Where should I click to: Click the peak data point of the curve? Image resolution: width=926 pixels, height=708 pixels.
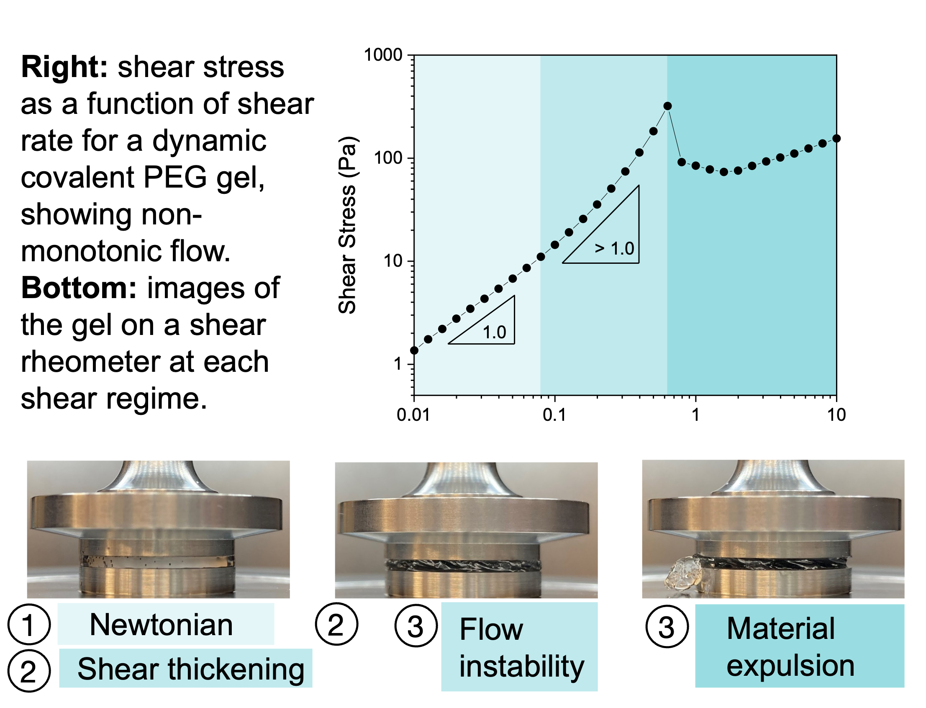667,106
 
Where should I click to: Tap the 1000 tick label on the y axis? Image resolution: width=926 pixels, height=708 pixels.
383,55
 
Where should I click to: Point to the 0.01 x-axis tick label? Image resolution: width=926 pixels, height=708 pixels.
413,415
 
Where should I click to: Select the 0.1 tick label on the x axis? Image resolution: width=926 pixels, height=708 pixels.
554,415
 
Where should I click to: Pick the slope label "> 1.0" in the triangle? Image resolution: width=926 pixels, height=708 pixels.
614,248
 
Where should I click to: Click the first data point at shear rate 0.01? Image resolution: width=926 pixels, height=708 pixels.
414,350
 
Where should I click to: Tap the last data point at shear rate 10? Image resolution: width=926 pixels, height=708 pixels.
837,138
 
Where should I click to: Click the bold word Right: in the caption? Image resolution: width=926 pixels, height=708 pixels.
65,67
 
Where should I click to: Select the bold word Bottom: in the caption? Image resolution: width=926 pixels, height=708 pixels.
79,288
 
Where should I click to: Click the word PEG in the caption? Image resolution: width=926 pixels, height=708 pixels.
175,178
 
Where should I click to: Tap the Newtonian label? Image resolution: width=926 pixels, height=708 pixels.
161,625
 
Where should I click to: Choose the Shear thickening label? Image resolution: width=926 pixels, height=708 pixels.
191,669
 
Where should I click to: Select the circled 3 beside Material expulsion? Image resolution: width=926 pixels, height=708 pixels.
667,627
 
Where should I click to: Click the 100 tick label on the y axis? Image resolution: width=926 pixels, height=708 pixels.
388,158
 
